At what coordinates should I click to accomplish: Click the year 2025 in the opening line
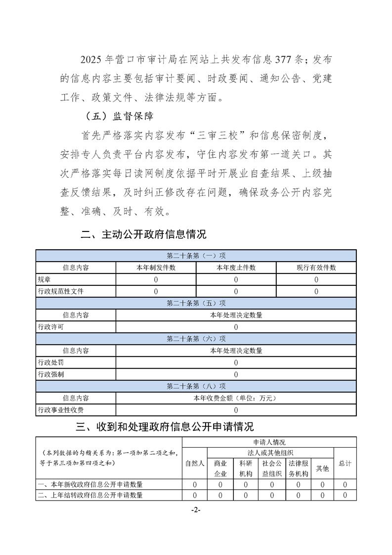[x=91, y=60]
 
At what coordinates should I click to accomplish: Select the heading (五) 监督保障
[x=119, y=117]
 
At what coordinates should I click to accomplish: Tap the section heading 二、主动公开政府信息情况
[x=143, y=233]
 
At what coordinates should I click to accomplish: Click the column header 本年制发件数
[x=156, y=268]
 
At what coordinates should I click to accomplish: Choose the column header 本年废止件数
[x=236, y=268]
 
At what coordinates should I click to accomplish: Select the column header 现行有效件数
[x=316, y=268]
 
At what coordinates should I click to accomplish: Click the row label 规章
[x=44, y=279]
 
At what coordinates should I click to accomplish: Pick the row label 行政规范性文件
[x=61, y=291]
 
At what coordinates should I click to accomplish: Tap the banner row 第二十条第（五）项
[x=196, y=303]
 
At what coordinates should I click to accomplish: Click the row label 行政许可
[x=50, y=327]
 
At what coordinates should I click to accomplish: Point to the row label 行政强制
[x=50, y=374]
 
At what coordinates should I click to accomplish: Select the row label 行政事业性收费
[x=61, y=410]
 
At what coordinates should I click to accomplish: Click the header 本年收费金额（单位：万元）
[x=236, y=398]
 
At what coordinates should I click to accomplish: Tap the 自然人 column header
[x=195, y=463]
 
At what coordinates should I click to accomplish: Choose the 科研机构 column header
[x=246, y=468]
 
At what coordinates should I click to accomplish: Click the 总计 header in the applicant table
[x=345, y=463]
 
